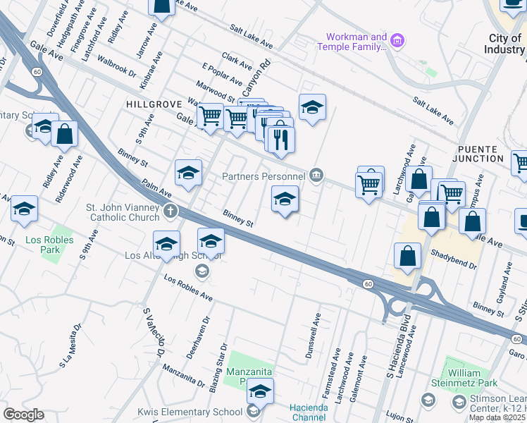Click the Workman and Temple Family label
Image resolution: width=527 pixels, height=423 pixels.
point(356,42)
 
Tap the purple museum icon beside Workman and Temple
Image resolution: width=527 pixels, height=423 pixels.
point(398,41)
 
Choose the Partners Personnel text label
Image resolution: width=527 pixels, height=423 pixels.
point(263,176)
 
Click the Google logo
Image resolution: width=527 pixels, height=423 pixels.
point(23,415)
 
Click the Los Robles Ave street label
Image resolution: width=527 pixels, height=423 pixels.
point(188,288)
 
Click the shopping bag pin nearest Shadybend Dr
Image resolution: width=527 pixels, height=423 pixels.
point(408,257)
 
